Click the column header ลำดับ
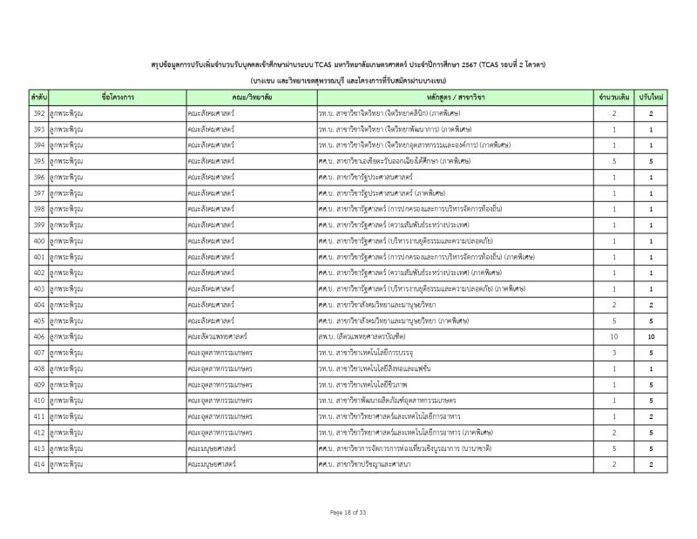[x=38, y=98]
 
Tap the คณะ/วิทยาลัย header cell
[x=251, y=98]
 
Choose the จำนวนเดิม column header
[x=613, y=98]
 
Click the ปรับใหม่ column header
[x=651, y=98]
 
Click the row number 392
[x=38, y=114]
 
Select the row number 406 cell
[x=38, y=335]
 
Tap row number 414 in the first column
[x=38, y=464]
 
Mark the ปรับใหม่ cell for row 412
[x=651, y=432]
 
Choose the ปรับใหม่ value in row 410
[x=651, y=400]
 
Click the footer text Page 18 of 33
[x=348, y=512]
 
